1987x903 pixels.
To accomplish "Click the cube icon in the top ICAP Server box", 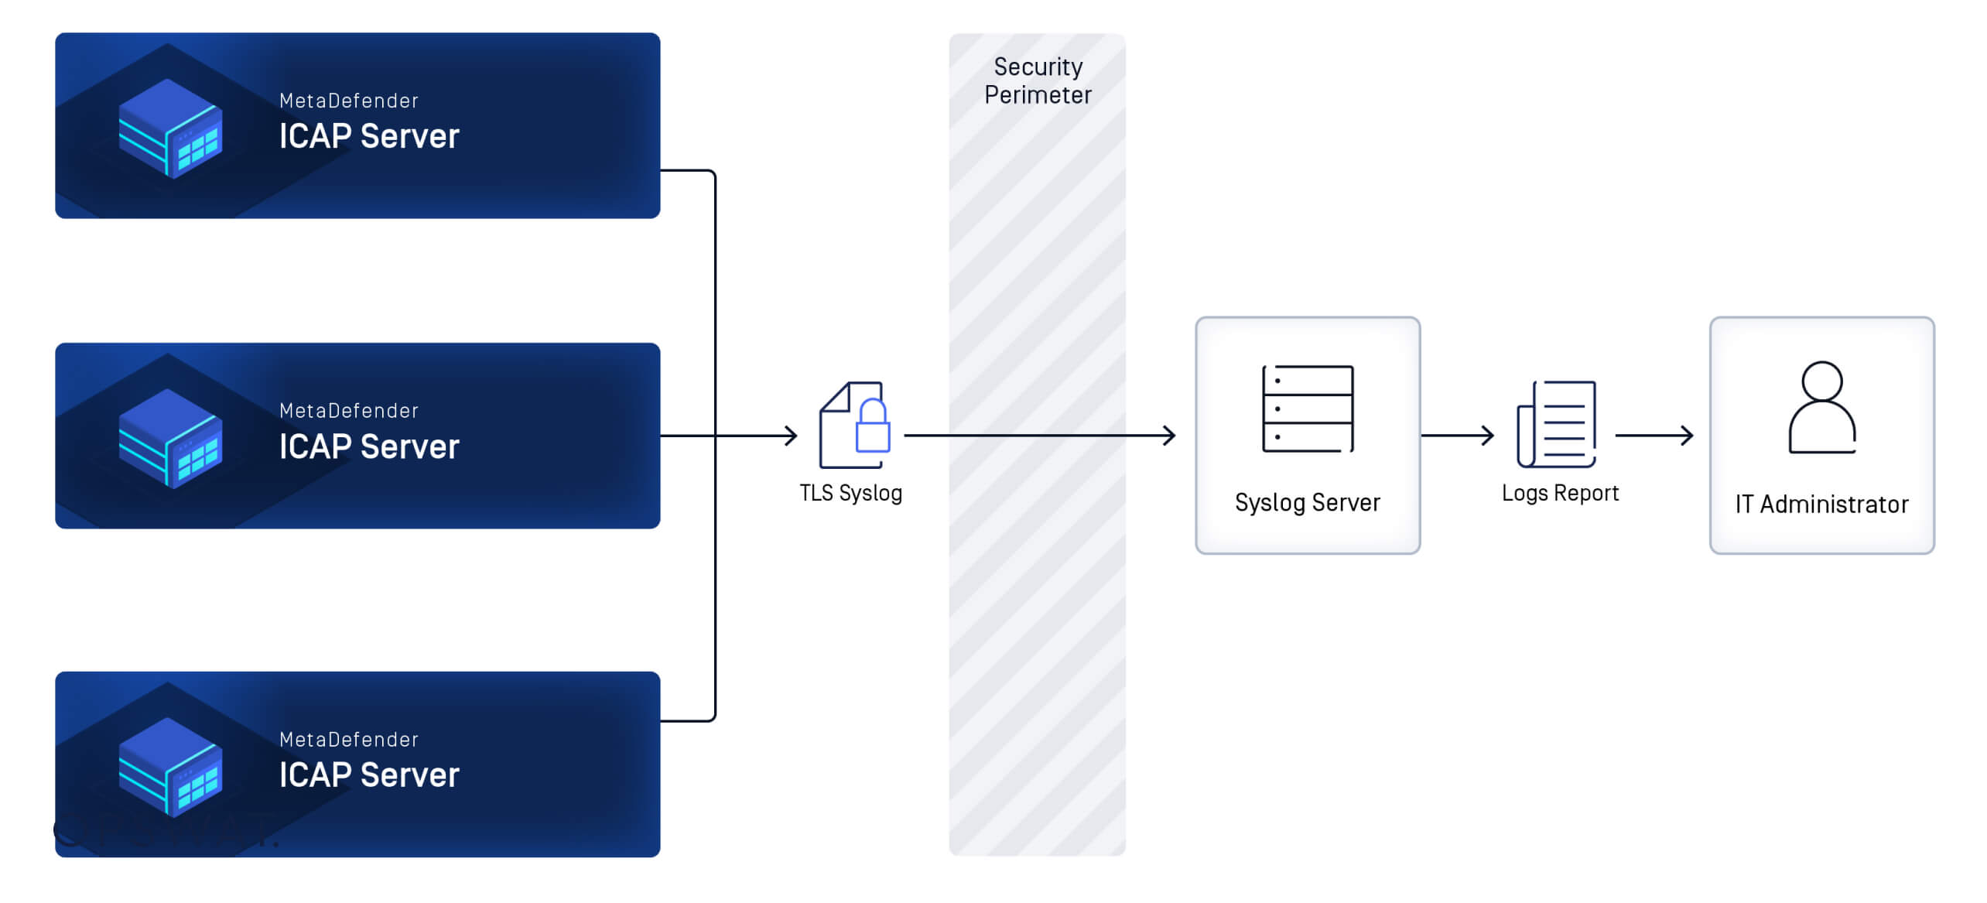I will tap(170, 128).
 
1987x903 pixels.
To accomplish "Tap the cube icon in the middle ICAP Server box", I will tap(170, 439).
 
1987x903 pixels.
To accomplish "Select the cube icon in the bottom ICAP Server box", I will tap(170, 767).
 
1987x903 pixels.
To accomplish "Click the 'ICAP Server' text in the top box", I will tap(369, 136).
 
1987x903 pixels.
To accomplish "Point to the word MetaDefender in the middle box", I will tap(349, 411).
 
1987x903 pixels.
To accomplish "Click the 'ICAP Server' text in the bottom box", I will tap(369, 775).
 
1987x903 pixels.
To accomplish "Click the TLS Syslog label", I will tap(850, 493).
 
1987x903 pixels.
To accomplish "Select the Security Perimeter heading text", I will tap(1038, 80).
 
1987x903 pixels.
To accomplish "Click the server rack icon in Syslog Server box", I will tap(1308, 409).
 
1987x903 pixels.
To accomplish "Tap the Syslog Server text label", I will tap(1308, 502).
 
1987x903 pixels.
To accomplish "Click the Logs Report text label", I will tap(1560, 493).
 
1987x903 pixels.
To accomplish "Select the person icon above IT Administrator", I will tap(1821, 408).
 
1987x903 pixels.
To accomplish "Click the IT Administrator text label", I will tap(1821, 505).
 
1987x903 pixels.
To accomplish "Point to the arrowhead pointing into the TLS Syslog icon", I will tap(791, 436).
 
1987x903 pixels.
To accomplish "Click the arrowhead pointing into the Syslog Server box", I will tap(1169, 436).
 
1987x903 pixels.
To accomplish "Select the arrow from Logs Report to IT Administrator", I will tap(1654, 436).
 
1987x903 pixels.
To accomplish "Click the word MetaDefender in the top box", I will tap(349, 101).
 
